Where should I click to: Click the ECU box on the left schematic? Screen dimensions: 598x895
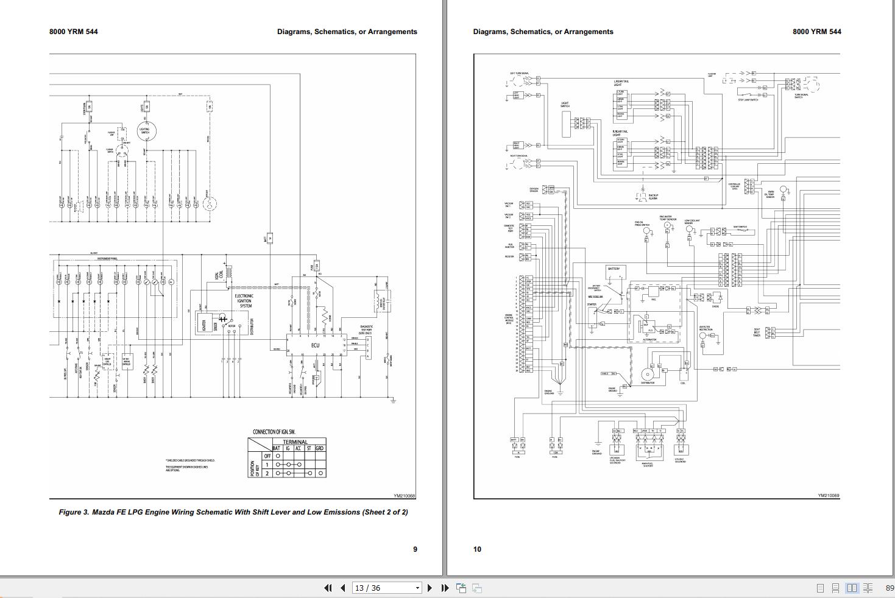coord(315,346)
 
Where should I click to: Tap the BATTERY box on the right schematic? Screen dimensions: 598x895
coord(614,270)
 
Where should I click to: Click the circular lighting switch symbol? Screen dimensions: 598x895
coord(145,131)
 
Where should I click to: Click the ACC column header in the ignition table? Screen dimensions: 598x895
coord(299,448)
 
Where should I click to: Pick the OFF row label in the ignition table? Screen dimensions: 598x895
coord(267,456)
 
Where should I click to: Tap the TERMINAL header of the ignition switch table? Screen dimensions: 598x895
coord(295,442)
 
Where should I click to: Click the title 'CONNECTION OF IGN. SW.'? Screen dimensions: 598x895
coord(274,432)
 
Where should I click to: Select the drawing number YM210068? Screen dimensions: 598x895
coord(404,496)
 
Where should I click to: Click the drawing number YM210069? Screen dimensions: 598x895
coord(829,496)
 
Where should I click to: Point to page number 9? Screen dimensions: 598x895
coord(416,549)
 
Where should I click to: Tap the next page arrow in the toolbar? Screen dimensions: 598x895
coord(430,588)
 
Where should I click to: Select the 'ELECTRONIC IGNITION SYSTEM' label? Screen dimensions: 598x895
coord(244,301)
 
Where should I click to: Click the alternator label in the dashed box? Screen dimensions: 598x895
coord(649,339)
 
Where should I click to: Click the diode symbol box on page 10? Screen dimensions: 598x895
coord(716,298)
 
